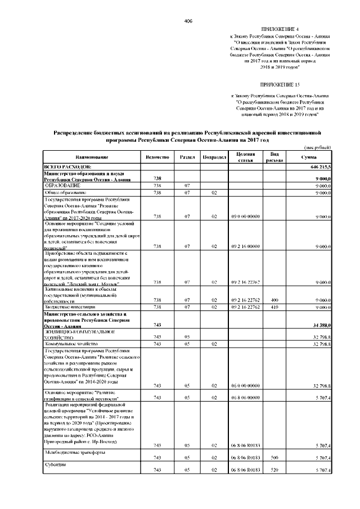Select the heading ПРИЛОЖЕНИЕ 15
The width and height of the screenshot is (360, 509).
tap(281, 83)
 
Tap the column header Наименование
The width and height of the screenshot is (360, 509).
tap(89, 157)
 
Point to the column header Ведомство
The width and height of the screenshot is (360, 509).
tap(157, 157)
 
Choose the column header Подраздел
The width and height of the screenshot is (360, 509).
tap(214, 157)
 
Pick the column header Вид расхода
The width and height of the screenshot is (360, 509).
tap(275, 157)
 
